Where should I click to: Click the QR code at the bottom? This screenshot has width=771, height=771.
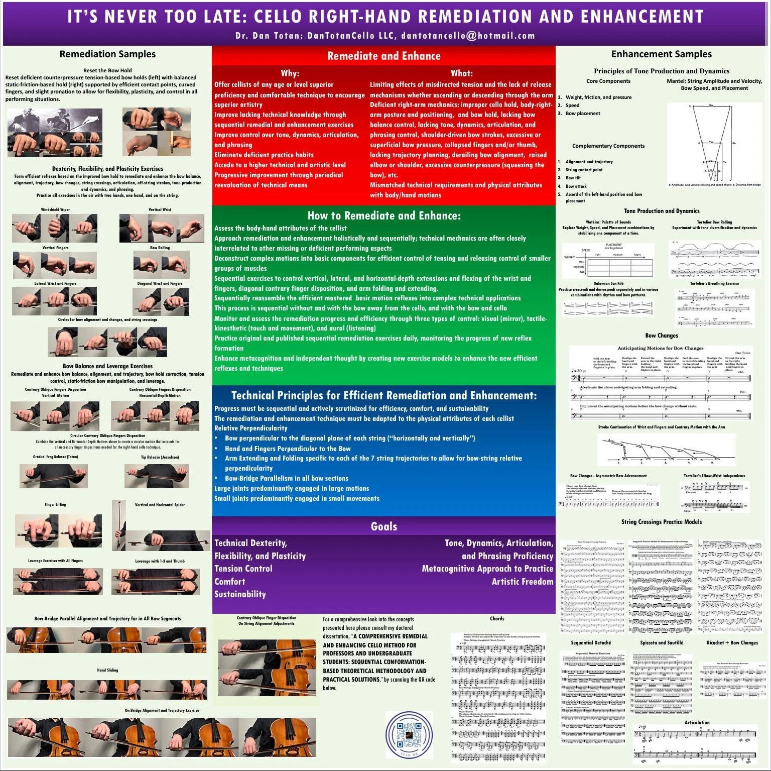(x=409, y=734)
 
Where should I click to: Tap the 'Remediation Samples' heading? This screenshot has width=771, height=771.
(x=107, y=54)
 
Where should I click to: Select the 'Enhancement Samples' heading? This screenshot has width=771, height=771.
(x=661, y=54)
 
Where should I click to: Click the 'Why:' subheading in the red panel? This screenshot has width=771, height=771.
(x=290, y=73)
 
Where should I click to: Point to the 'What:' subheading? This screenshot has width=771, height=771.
(x=461, y=73)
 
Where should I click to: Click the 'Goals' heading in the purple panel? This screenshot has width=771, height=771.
(x=383, y=526)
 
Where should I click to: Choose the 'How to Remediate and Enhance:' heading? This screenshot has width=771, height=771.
(x=383, y=216)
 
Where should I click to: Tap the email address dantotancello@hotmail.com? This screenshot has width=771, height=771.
(x=468, y=36)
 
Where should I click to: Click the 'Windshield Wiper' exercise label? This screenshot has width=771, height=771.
(x=55, y=209)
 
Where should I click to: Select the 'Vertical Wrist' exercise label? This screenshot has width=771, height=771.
(x=160, y=209)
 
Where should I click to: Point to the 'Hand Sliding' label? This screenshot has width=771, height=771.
(x=107, y=670)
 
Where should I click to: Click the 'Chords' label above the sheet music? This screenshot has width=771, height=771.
(x=497, y=619)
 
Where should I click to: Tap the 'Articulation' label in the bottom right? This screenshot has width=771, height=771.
(x=697, y=722)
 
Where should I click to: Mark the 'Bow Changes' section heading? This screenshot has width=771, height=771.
(x=661, y=336)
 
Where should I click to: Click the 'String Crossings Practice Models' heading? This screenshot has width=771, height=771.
(x=661, y=522)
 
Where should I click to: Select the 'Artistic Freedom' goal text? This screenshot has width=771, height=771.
(x=522, y=582)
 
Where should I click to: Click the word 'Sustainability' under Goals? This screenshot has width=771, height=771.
(x=240, y=594)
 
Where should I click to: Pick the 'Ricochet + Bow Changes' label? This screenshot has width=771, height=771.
(x=732, y=642)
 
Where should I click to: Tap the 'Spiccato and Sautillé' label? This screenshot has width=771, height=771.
(x=661, y=642)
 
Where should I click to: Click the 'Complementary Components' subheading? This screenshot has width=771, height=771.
(x=608, y=146)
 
